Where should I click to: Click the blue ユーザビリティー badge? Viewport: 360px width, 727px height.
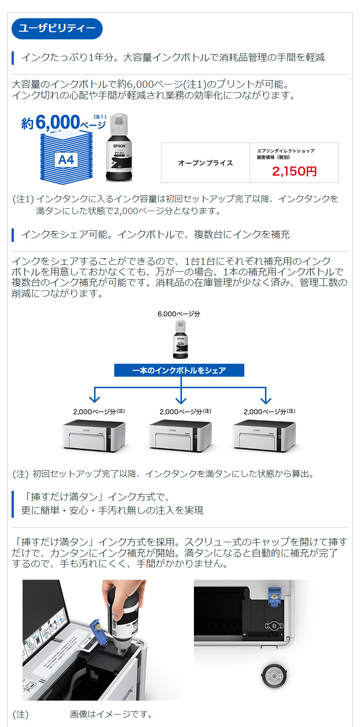(x=57, y=29)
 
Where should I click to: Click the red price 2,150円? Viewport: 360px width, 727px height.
(x=294, y=171)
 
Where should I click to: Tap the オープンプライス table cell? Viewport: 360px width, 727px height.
(x=205, y=163)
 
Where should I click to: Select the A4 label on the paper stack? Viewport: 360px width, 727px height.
(x=66, y=159)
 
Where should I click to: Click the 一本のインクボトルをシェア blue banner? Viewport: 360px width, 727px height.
(x=179, y=370)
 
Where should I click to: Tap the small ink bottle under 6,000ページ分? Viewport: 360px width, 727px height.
(x=179, y=340)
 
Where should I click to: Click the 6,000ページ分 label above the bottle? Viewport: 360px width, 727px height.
(x=179, y=314)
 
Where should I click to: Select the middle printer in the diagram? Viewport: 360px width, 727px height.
(x=180, y=436)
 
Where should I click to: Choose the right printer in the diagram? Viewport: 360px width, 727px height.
(x=264, y=436)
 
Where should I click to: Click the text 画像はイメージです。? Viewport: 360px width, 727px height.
(x=111, y=714)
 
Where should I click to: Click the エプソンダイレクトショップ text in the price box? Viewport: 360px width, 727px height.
(x=285, y=151)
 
